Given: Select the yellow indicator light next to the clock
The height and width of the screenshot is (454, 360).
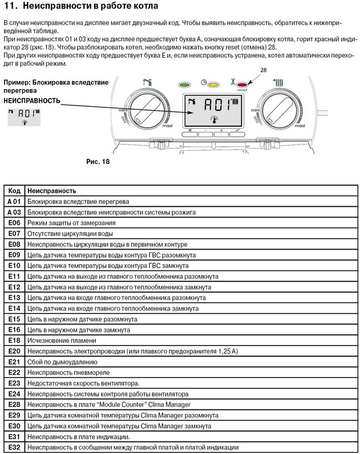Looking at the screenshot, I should pos(213,84).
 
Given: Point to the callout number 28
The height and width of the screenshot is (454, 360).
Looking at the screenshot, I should pos(264,70).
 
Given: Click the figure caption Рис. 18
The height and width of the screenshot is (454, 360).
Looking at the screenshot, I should pos(98,162).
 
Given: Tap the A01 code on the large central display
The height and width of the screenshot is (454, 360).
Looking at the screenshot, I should pos(216,105).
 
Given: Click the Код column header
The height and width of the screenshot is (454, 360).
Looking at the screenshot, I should pos(14,191).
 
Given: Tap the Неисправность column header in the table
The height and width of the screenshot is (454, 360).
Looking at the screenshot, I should pos(52,191).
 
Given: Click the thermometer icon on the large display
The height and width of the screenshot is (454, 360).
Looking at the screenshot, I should pos(212,118).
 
